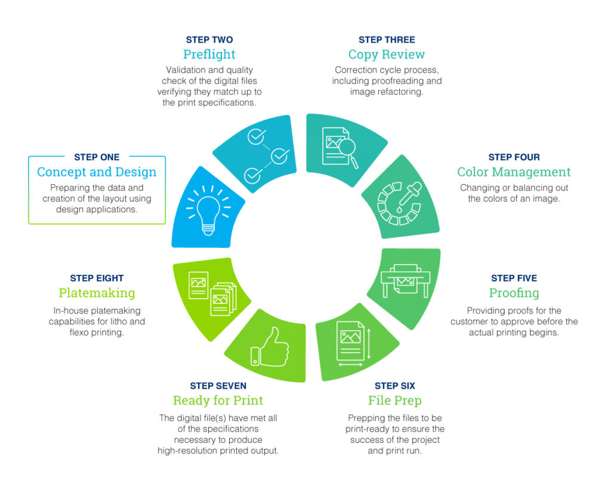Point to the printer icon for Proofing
tap(403, 279)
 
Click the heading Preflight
tap(209, 55)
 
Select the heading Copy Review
tap(387, 55)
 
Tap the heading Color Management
tap(514, 172)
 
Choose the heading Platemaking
tap(97, 293)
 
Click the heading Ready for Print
tap(218, 401)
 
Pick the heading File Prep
tap(395, 401)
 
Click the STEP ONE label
tap(97, 157)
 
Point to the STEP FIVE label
tap(514, 278)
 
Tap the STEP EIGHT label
tap(97, 278)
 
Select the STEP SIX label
tap(395, 386)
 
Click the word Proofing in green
tap(514, 293)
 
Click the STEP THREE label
tap(387, 40)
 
